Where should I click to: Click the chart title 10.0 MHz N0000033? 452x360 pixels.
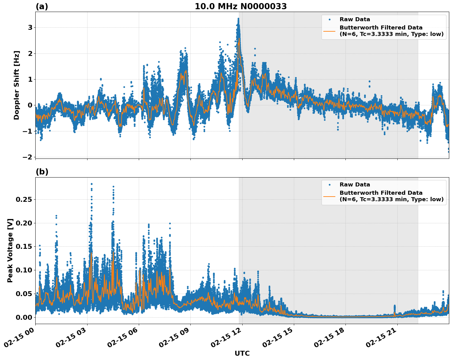(241, 6)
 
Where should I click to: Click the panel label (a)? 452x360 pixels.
(42, 6)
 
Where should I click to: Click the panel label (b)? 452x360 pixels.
(42, 172)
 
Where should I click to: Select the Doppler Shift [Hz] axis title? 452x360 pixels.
(17, 85)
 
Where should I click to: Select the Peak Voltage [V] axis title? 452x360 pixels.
(10, 250)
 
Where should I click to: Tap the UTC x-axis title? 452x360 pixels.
(242, 353)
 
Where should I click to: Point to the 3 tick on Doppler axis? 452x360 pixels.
(30, 28)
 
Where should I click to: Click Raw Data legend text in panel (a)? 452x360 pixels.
(355, 19)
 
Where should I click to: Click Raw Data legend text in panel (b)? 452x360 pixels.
(355, 185)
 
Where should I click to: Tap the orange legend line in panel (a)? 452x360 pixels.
(329, 31)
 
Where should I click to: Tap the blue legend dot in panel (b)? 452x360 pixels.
(329, 185)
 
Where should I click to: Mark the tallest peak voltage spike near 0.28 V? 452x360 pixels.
(92, 184)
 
